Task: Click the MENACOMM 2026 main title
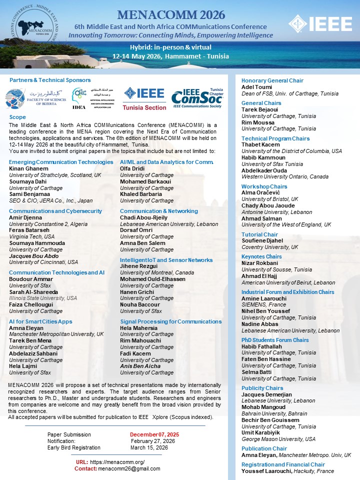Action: [171, 14]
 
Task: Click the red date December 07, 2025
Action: [154, 434]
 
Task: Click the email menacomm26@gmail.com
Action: [129, 468]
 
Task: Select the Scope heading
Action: [18, 117]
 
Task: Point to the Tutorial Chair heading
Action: [259, 234]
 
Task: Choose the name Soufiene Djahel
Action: [262, 240]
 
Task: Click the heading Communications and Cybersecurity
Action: [55, 211]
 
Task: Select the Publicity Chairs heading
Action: [262, 388]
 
